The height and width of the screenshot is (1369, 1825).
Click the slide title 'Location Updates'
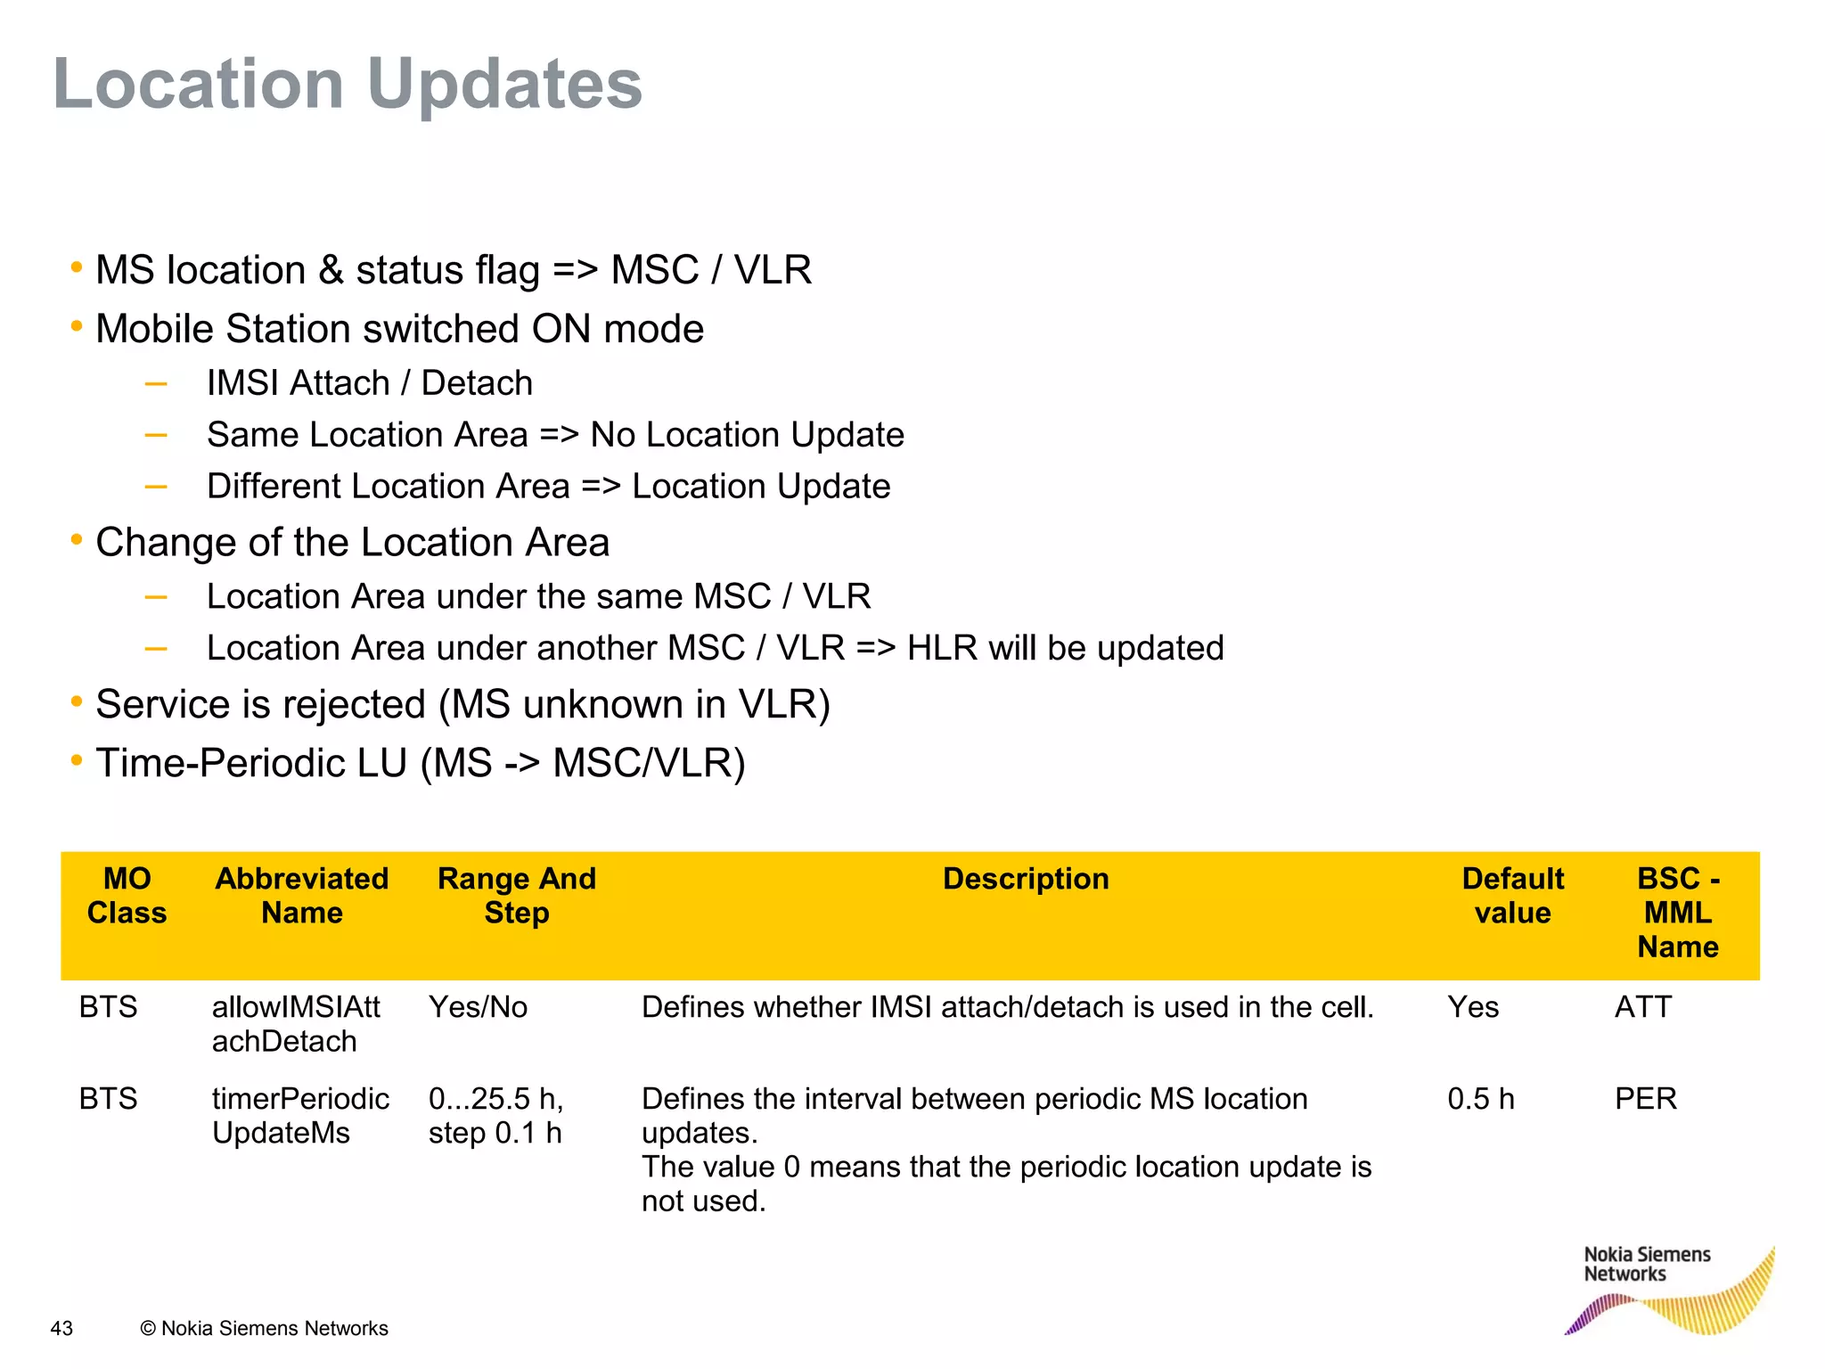[348, 84]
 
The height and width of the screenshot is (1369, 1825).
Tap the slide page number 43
[61, 1328]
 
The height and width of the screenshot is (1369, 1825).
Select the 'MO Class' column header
[127, 896]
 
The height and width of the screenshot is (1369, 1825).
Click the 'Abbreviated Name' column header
[301, 896]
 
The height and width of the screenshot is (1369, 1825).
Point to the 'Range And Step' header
[516, 896]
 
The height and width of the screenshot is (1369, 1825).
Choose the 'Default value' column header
[1512, 896]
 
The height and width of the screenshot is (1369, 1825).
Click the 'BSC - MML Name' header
[1677, 913]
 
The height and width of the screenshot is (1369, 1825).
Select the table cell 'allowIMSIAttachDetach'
[296, 1024]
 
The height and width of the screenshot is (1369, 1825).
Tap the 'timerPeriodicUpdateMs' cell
[300, 1116]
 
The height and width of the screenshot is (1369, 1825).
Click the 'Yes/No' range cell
[478, 1007]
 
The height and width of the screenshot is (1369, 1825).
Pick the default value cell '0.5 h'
[1480, 1099]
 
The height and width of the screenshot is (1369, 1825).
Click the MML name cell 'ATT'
[1642, 1007]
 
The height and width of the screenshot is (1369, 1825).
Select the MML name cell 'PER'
[1645, 1099]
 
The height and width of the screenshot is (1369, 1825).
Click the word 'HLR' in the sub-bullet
[942, 648]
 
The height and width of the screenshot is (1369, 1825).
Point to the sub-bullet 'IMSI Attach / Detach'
[369, 383]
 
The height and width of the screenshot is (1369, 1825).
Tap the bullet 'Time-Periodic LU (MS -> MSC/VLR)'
[420, 763]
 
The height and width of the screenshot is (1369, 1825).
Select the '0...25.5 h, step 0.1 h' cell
[495, 1116]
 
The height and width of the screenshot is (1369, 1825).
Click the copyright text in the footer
[265, 1328]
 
